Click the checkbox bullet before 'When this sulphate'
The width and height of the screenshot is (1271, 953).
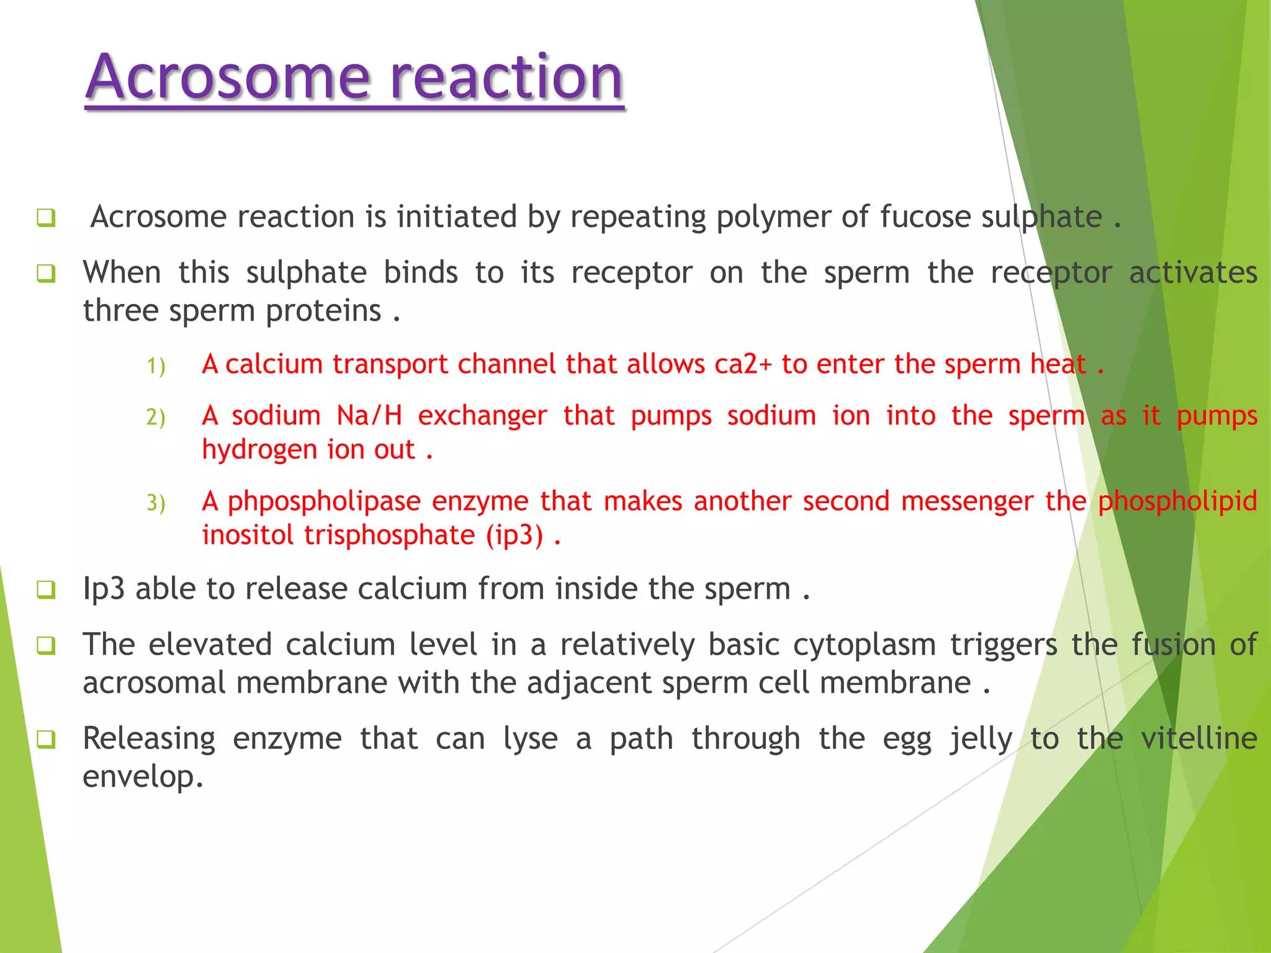tap(46, 274)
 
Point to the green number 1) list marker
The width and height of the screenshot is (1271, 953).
tap(156, 366)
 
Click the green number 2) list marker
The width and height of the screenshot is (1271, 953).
tap(156, 417)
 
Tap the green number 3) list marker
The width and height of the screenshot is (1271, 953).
tap(156, 503)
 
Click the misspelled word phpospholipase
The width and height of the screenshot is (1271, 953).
tap(325, 502)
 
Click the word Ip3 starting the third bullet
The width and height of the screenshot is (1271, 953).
tap(104, 589)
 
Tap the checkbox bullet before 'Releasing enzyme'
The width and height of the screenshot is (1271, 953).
tap(46, 740)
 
